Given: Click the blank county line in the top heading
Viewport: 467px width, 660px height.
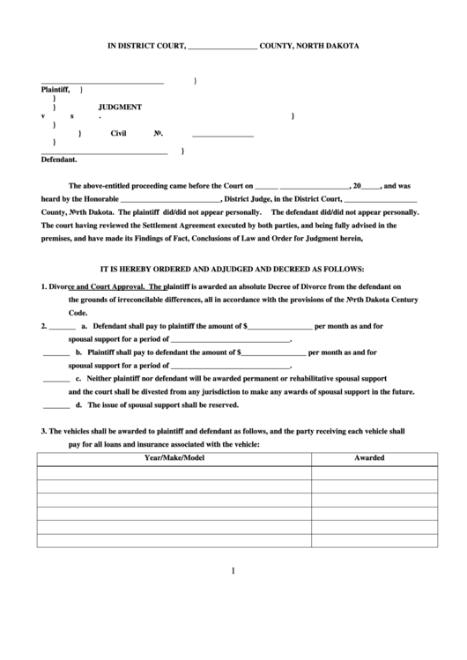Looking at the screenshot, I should [x=223, y=46].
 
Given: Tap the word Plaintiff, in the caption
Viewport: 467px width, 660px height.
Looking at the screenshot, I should [x=56, y=90].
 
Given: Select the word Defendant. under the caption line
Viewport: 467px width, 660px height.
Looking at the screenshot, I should [x=59, y=160].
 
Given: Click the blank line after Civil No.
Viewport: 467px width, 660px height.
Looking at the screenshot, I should [x=222, y=135].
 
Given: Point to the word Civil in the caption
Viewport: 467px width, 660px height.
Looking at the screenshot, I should [x=119, y=134].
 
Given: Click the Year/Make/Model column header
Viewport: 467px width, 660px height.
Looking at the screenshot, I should [x=174, y=458].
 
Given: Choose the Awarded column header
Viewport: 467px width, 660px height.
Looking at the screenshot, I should [x=369, y=458].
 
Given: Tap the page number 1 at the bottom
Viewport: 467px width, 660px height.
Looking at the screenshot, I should [x=233, y=570].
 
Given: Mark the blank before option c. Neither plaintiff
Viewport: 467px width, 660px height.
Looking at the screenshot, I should [x=56, y=379].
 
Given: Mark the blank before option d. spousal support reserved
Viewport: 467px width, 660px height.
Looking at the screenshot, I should [x=56, y=406].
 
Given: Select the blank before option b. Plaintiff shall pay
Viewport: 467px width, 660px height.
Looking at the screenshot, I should [x=56, y=352].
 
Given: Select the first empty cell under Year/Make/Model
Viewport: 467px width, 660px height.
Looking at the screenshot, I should [x=174, y=472].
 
